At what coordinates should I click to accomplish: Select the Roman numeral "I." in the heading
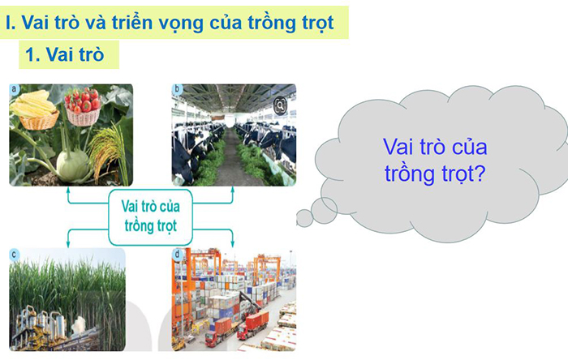[11, 24]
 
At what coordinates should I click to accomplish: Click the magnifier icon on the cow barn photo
[280, 105]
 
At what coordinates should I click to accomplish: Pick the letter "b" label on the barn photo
[178, 89]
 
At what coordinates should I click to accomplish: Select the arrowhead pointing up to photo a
[69, 191]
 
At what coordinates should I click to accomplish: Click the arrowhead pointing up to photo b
[233, 191]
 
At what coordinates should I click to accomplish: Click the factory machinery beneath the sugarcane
[41, 328]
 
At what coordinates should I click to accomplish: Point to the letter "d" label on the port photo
[178, 255]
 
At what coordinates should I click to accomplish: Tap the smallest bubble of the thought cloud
[304, 218]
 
